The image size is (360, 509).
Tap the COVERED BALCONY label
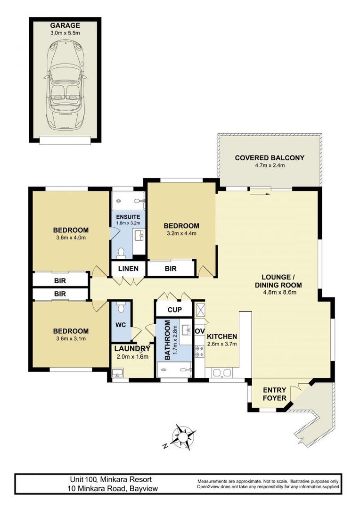[270, 158]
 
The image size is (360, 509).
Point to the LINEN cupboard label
[128, 269]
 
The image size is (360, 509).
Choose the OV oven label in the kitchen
[199, 331]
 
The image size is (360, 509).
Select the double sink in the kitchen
[222, 372]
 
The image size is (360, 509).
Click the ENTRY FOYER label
[274, 394]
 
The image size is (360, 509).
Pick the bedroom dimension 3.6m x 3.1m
[71, 338]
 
